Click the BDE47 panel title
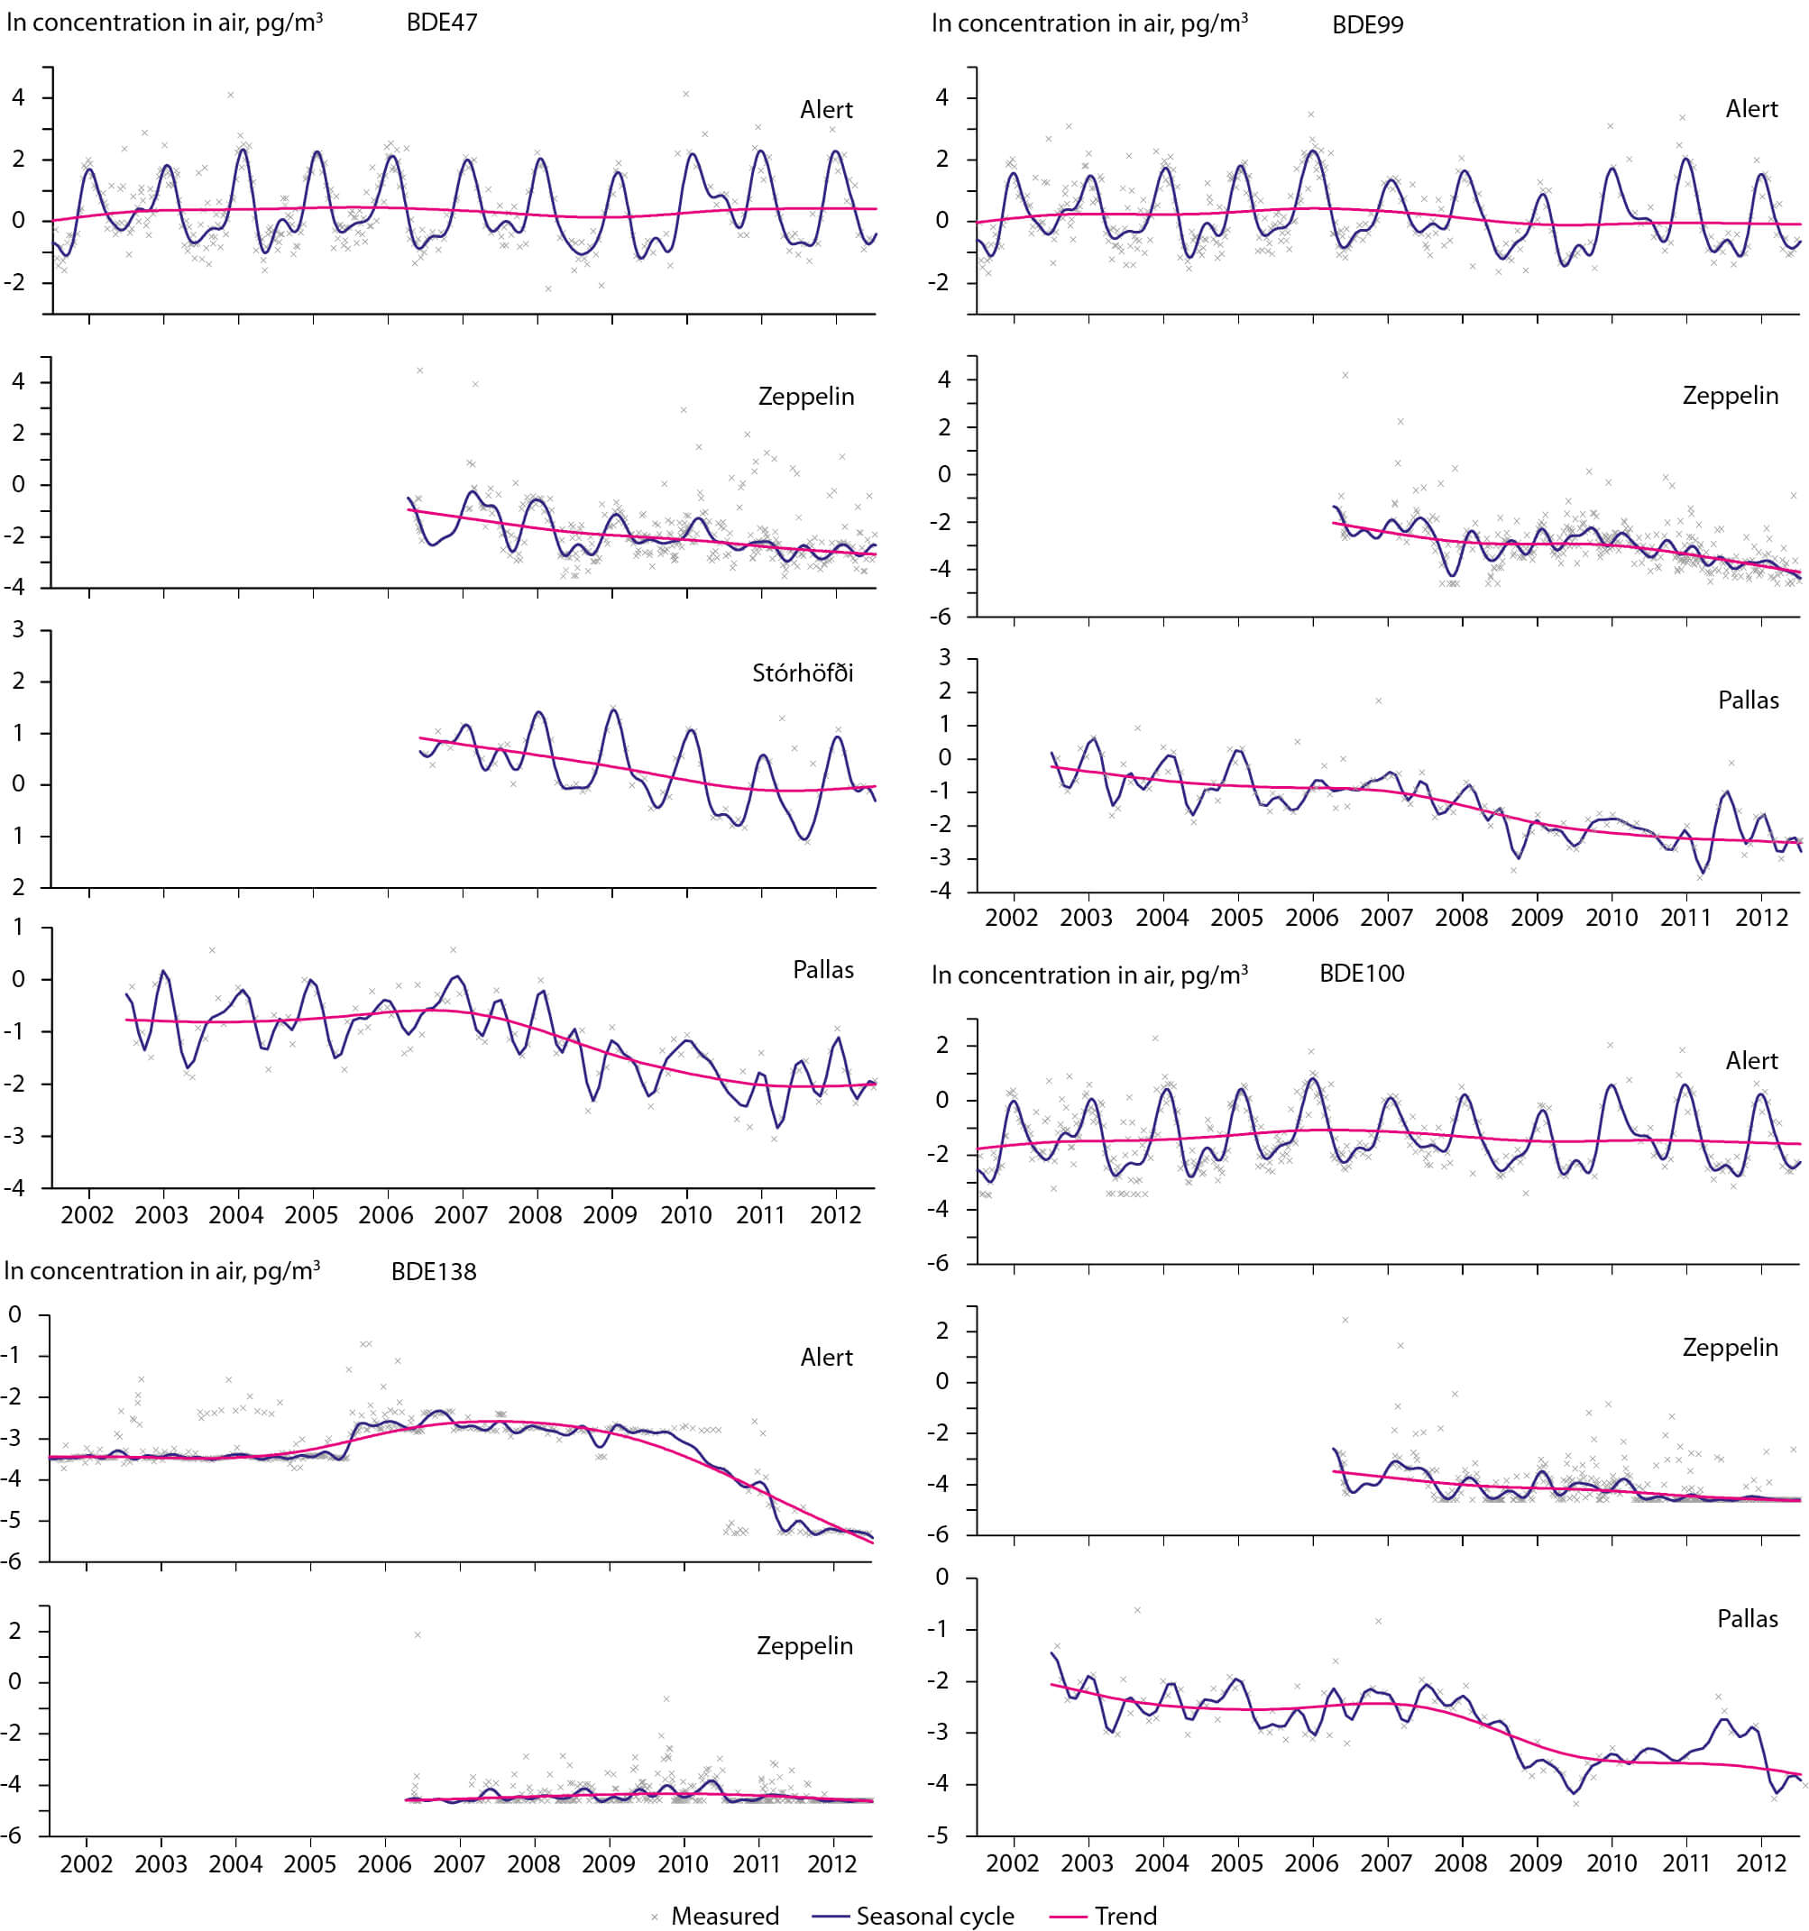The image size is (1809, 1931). point(441,23)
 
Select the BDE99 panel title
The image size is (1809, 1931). point(1367,24)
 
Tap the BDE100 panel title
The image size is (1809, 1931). point(1361,974)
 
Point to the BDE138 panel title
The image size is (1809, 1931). point(433,1271)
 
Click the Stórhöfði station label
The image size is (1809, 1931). point(803,673)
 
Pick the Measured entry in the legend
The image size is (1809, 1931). point(724,1916)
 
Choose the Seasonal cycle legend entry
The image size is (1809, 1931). point(933,1916)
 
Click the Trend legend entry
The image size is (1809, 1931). point(1125,1916)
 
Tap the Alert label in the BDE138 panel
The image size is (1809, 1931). point(826,1357)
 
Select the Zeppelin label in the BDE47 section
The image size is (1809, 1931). point(805,397)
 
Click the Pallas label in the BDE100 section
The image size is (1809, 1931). point(1747,1618)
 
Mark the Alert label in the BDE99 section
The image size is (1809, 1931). point(1750,109)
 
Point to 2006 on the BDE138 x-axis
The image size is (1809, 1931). point(385,1864)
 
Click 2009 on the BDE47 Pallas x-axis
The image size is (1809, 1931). point(611,1215)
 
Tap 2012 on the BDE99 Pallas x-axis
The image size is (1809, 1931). point(1760,918)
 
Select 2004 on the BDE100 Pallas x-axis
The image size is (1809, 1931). point(1162,1863)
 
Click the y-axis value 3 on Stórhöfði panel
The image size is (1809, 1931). point(17,629)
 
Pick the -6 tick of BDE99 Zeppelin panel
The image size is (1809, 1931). point(942,617)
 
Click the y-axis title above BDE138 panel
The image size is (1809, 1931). point(162,1270)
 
